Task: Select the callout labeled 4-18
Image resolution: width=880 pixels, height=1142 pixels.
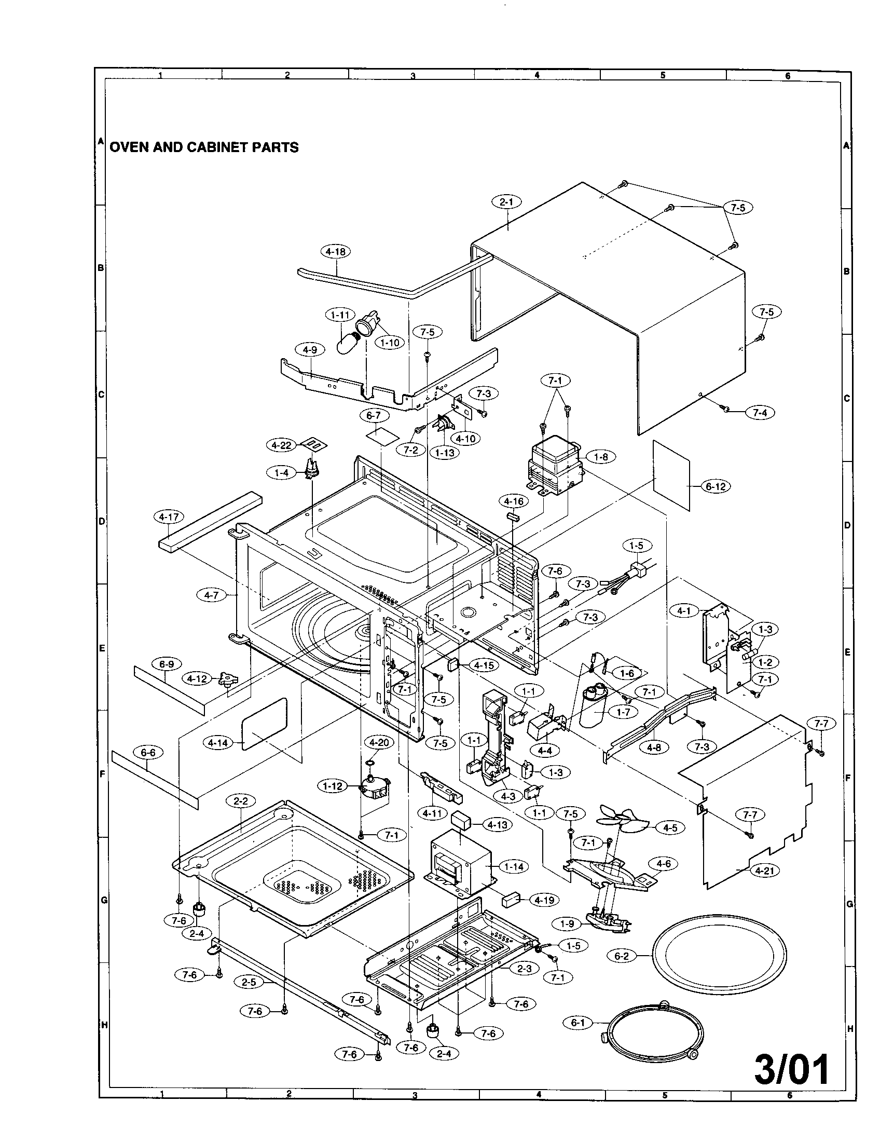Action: coord(335,252)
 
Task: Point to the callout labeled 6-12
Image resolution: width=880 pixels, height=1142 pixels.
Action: coord(716,486)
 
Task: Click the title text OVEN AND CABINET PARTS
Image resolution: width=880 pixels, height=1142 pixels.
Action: coord(203,147)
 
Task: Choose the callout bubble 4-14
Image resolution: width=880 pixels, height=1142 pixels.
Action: coord(217,742)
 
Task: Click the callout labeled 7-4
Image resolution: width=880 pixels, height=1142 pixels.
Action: coord(760,413)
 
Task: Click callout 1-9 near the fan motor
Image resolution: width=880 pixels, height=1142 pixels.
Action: coord(567,924)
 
